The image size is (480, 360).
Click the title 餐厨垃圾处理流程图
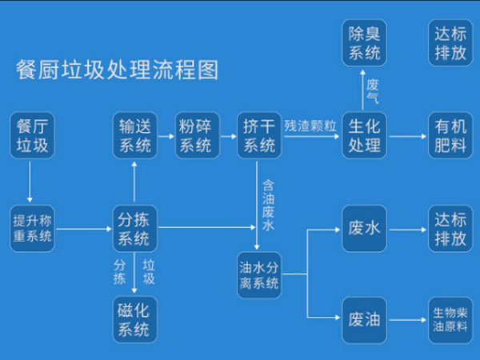(x=117, y=70)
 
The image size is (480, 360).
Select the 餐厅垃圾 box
(x=33, y=136)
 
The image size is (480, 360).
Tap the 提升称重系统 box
(x=33, y=227)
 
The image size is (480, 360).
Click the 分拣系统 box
(x=134, y=227)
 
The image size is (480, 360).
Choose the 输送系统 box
(x=134, y=136)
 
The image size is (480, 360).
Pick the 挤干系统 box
(x=257, y=136)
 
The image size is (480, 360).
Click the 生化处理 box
(x=364, y=136)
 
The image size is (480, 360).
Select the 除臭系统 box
(x=364, y=43)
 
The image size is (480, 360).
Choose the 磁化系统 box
(x=134, y=318)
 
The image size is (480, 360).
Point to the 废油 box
(x=364, y=320)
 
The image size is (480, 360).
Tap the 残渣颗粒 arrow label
(x=311, y=126)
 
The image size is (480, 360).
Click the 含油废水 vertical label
(x=268, y=204)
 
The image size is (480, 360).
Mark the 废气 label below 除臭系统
(x=373, y=90)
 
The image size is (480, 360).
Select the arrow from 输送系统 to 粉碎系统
(x=166, y=136)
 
